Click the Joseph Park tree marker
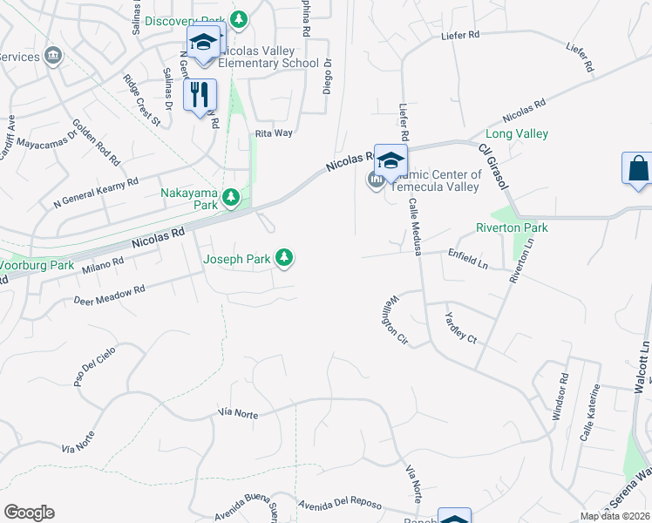tap(284, 257)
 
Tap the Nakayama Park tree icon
tap(231, 199)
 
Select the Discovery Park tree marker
tap(237, 20)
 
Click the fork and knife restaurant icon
tap(200, 94)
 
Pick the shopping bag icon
tap(638, 167)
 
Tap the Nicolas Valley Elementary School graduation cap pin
tap(204, 42)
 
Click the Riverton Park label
tap(512, 228)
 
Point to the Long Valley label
tap(516, 133)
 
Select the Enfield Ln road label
tap(467, 257)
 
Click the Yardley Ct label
tap(461, 327)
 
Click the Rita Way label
tap(273, 133)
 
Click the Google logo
tap(29, 513)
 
